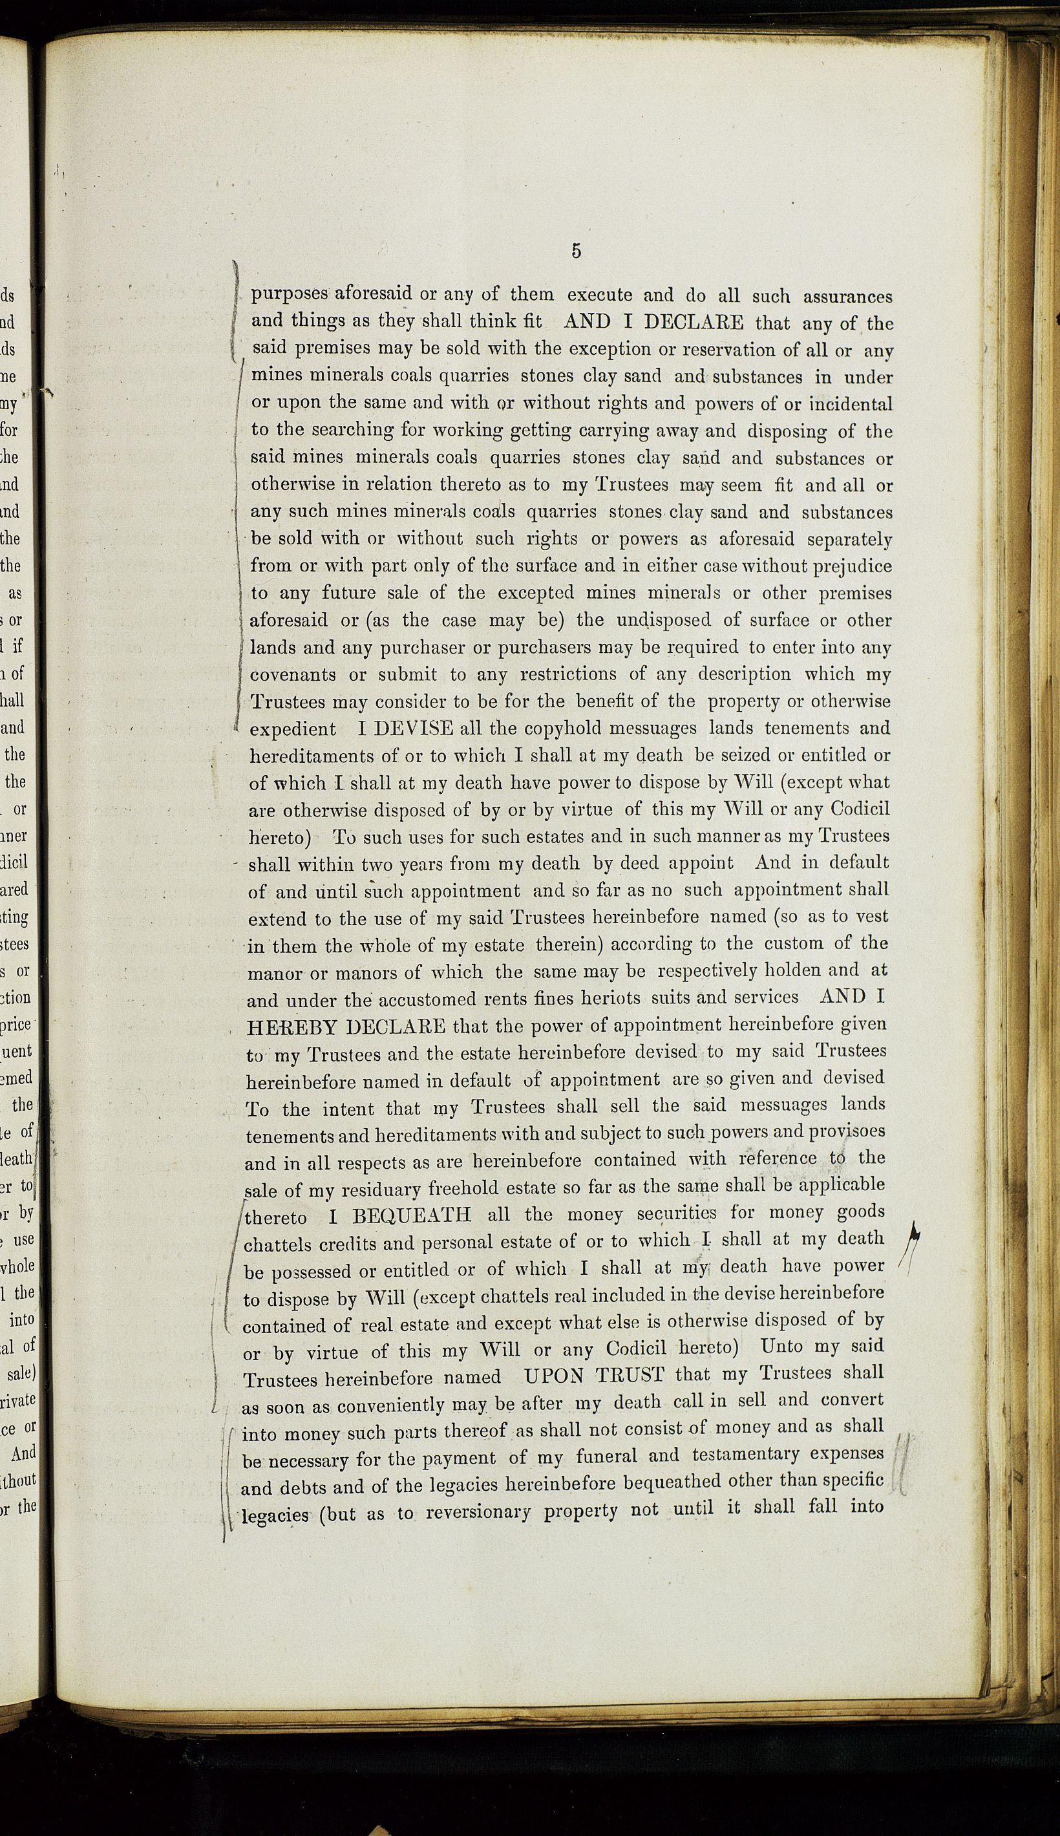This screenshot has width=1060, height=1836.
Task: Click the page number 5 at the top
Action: click(576, 251)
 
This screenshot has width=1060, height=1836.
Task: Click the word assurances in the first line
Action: click(847, 296)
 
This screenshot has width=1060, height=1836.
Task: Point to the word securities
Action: click(675, 1214)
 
